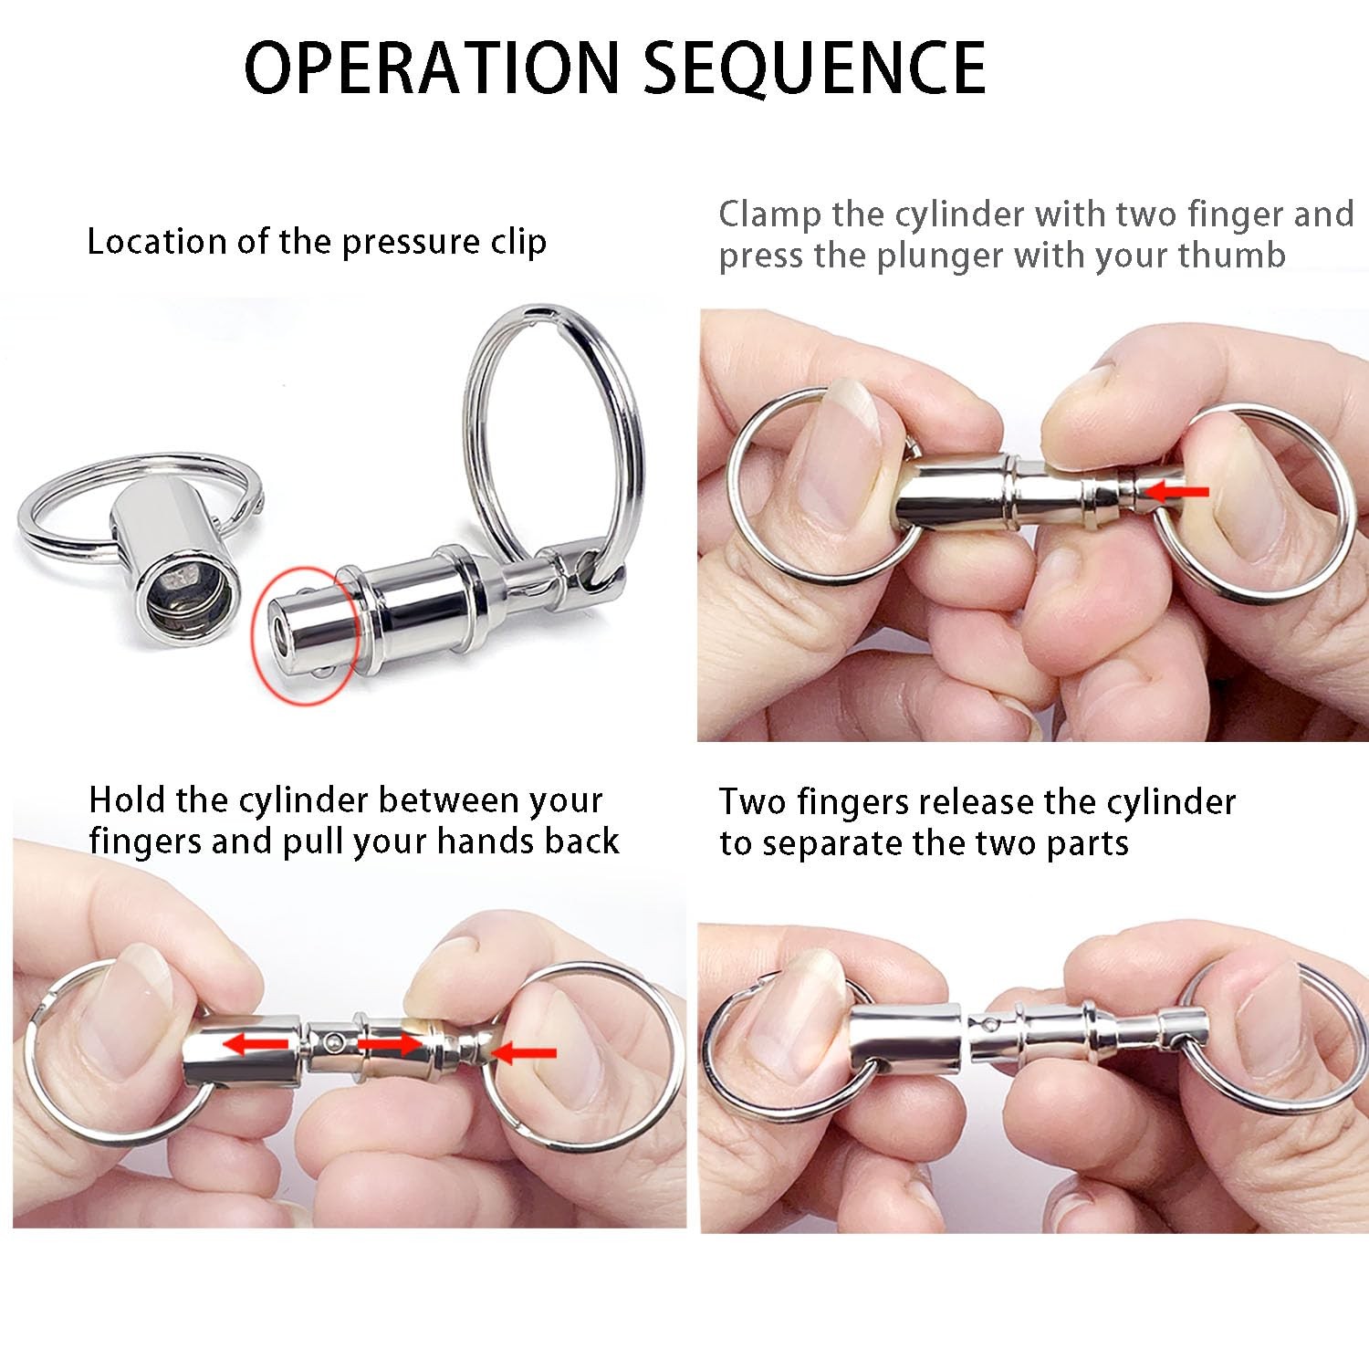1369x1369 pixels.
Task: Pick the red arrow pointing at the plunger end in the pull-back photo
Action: (x=523, y=1053)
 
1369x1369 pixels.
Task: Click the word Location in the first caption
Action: (x=157, y=242)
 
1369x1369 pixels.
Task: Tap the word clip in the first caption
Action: (x=517, y=243)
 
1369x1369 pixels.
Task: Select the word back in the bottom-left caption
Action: (x=581, y=841)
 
